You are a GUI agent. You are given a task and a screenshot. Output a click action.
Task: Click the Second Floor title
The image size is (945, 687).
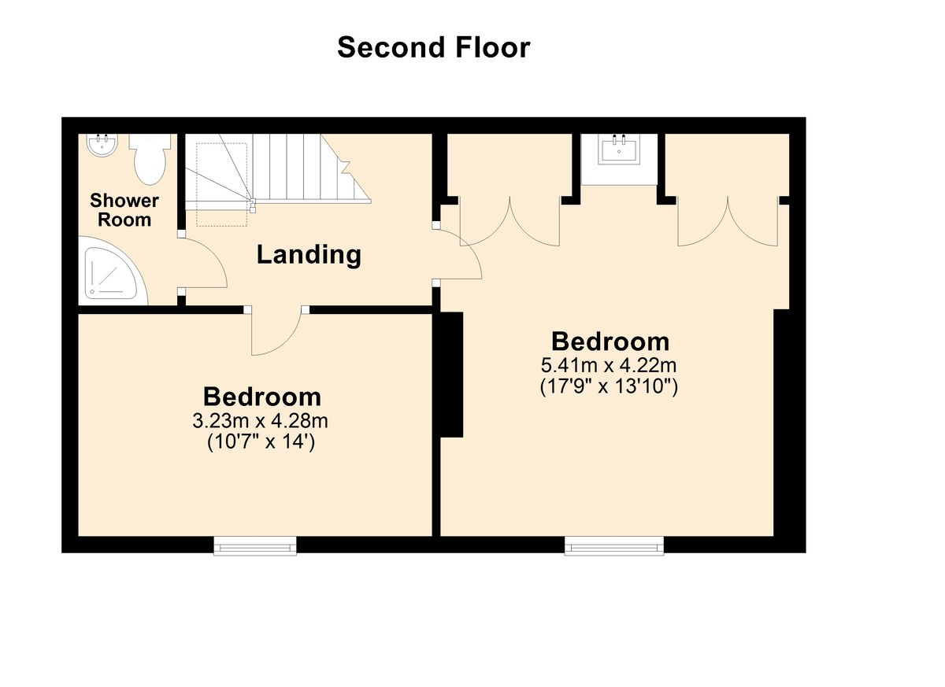434,47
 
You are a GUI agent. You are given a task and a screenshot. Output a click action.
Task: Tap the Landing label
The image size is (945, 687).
309,255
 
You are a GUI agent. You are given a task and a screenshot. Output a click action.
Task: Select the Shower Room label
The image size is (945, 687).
124,210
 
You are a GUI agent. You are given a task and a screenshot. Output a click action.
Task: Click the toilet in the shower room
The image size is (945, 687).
150,159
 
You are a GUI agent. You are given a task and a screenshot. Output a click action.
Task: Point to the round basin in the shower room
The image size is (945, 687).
102,145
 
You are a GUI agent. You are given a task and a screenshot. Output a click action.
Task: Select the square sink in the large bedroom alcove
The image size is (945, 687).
619,150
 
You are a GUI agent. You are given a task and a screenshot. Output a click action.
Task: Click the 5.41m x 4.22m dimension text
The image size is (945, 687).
609,365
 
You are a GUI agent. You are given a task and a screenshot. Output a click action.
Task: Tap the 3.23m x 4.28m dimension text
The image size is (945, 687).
261,421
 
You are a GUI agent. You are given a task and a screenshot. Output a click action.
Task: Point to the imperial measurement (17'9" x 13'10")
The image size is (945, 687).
609,387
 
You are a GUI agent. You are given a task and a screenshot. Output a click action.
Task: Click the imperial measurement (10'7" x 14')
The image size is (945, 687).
261,442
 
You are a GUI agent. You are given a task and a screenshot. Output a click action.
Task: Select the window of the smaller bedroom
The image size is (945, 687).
255,546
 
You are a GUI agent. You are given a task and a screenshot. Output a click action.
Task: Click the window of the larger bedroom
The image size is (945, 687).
613,546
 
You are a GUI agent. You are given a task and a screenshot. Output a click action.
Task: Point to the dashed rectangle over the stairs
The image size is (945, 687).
222,185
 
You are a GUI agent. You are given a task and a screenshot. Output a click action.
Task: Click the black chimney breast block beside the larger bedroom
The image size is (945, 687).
452,375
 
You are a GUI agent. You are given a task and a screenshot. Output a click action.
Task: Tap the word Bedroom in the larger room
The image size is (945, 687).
610,342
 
